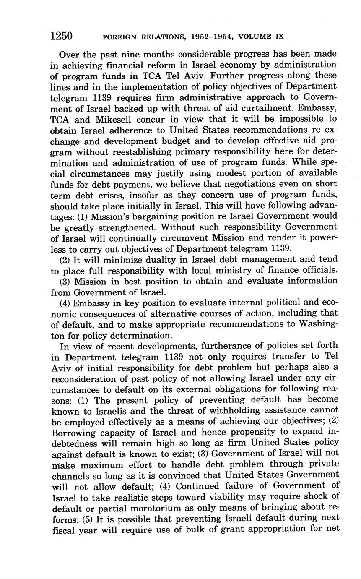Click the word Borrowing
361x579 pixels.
pyautogui.click(x=75, y=432)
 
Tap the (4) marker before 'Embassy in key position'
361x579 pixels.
pyautogui.click(x=65, y=303)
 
